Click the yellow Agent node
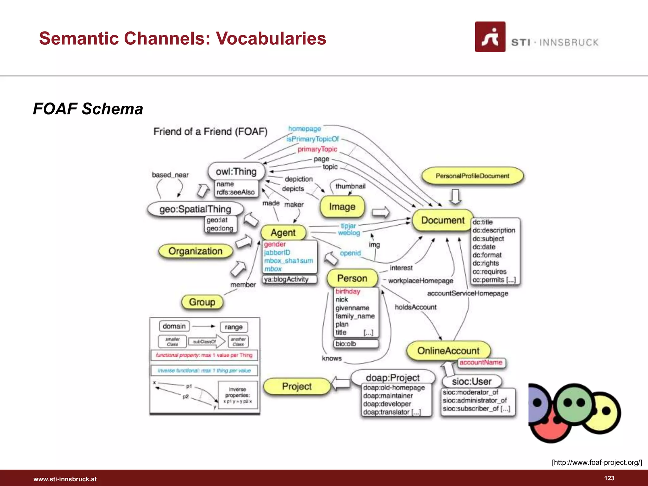[x=283, y=233]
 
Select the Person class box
[x=352, y=278]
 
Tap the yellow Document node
[x=442, y=220]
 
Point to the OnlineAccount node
[x=448, y=351]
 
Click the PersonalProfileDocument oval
[x=472, y=176]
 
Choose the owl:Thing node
[x=236, y=171]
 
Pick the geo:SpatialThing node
[x=195, y=209]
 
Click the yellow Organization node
[x=195, y=251]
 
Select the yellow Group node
[x=202, y=302]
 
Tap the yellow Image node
[x=342, y=207]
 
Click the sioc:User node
[x=471, y=381]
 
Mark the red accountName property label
[x=481, y=363]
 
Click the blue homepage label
[x=304, y=129]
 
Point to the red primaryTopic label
[x=317, y=149]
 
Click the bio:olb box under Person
[x=356, y=344]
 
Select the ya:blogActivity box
[x=290, y=279]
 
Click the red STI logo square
[x=490, y=37]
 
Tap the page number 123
[x=609, y=478]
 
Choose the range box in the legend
[x=234, y=327]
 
